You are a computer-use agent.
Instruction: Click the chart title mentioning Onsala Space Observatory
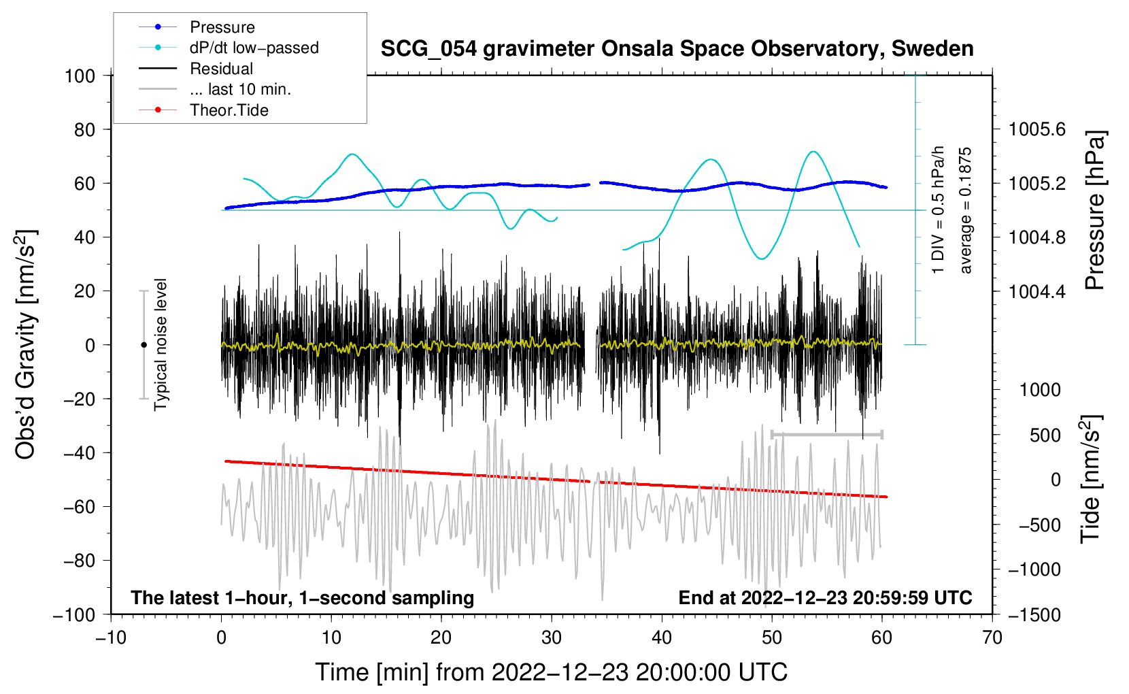pos(677,49)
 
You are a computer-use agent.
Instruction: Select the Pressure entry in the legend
pos(222,27)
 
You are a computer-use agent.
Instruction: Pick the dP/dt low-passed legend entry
pos(254,48)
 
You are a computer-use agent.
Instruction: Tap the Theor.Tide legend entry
pos(229,110)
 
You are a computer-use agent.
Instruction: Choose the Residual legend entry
pos(221,69)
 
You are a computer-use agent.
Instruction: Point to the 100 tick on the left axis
pos(80,76)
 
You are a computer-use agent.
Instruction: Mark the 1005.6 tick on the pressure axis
pos(1037,129)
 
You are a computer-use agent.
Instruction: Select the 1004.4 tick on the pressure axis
pos(1037,291)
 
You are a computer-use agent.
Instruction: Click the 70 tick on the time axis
pos(992,638)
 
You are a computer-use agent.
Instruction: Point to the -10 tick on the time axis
pos(111,638)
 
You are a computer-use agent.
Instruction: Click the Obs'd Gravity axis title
pos(26,345)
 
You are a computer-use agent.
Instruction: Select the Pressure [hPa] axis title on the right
pos(1094,210)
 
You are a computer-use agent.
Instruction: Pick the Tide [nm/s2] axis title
pos(1091,480)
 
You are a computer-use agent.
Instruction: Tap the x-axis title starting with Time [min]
pos(551,672)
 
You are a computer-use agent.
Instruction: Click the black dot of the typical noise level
pos(144,345)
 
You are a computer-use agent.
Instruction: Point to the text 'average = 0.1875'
pos(965,210)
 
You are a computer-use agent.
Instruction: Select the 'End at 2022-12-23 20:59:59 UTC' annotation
pos(825,597)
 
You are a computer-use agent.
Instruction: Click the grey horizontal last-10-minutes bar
pos(826,434)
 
